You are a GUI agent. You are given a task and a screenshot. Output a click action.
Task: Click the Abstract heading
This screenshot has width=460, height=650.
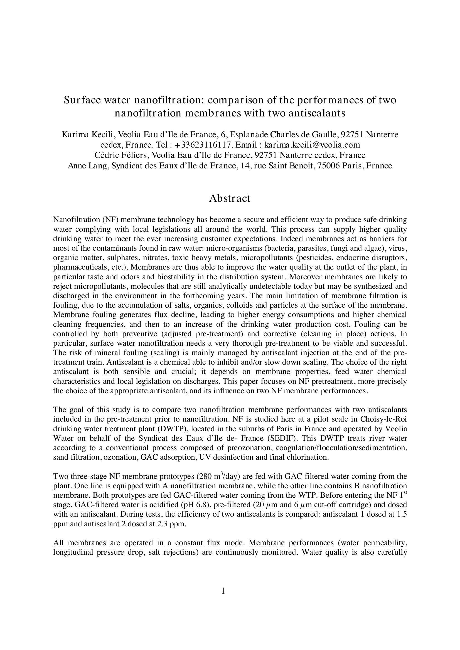[x=230, y=198]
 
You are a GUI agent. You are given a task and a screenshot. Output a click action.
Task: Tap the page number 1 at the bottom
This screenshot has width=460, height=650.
[x=223, y=591]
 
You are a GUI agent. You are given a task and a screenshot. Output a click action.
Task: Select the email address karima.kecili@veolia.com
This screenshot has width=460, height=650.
[x=312, y=145]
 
